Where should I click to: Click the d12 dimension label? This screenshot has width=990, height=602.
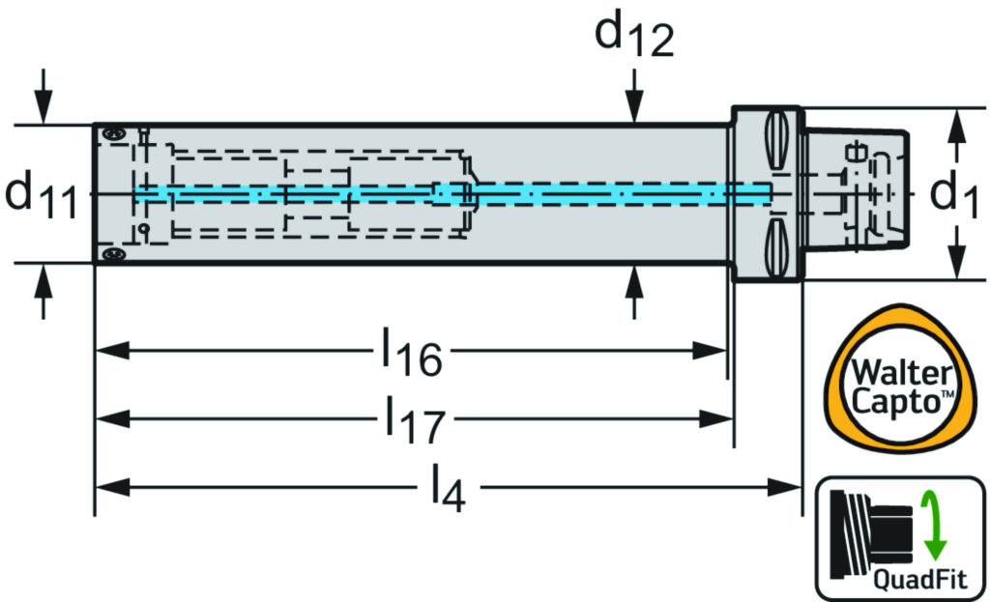(x=633, y=37)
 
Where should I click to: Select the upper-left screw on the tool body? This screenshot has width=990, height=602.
(x=114, y=132)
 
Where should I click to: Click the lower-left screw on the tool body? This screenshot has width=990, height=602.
(x=115, y=254)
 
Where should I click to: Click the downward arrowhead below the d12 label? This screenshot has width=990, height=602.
(x=633, y=114)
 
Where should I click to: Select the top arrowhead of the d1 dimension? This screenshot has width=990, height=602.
(x=956, y=120)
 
